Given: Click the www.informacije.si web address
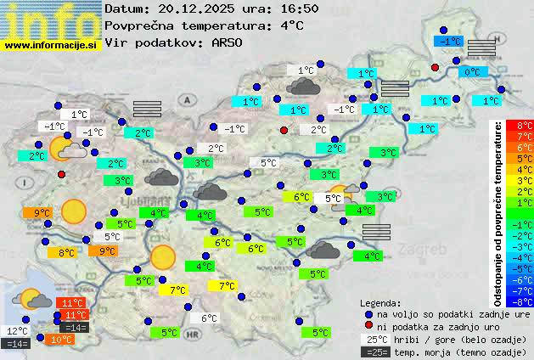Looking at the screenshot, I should point(51,44).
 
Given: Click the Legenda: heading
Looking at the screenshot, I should point(380,303).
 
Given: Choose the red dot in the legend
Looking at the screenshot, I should point(368,327).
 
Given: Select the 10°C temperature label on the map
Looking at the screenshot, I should point(61,340).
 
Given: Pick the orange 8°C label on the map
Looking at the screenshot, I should point(65,252).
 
